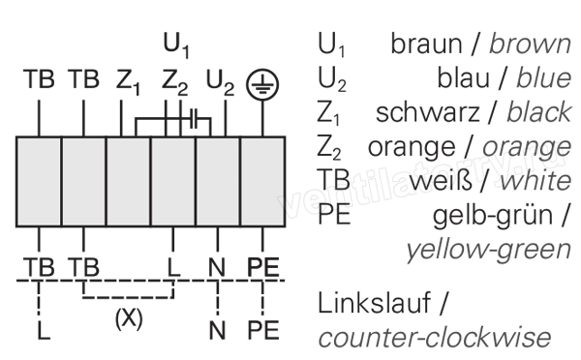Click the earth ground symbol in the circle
(x=262, y=84)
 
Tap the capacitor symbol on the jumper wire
(x=194, y=119)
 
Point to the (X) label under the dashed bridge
(x=129, y=318)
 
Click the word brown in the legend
(x=530, y=45)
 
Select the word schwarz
(x=427, y=112)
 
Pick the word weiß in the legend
(x=441, y=181)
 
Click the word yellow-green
(x=488, y=250)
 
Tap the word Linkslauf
(x=374, y=303)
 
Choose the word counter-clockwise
(x=435, y=337)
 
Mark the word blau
(x=463, y=78)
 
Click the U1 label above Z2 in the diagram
(x=176, y=45)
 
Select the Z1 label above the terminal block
(x=128, y=81)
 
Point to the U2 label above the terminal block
(x=220, y=81)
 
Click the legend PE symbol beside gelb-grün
(x=334, y=215)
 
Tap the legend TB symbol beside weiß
(x=333, y=180)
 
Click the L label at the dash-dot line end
(x=44, y=330)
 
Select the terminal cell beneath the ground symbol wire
(x=262, y=182)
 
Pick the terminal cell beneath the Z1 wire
(x=129, y=182)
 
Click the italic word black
(x=539, y=112)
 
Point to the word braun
(x=426, y=45)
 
